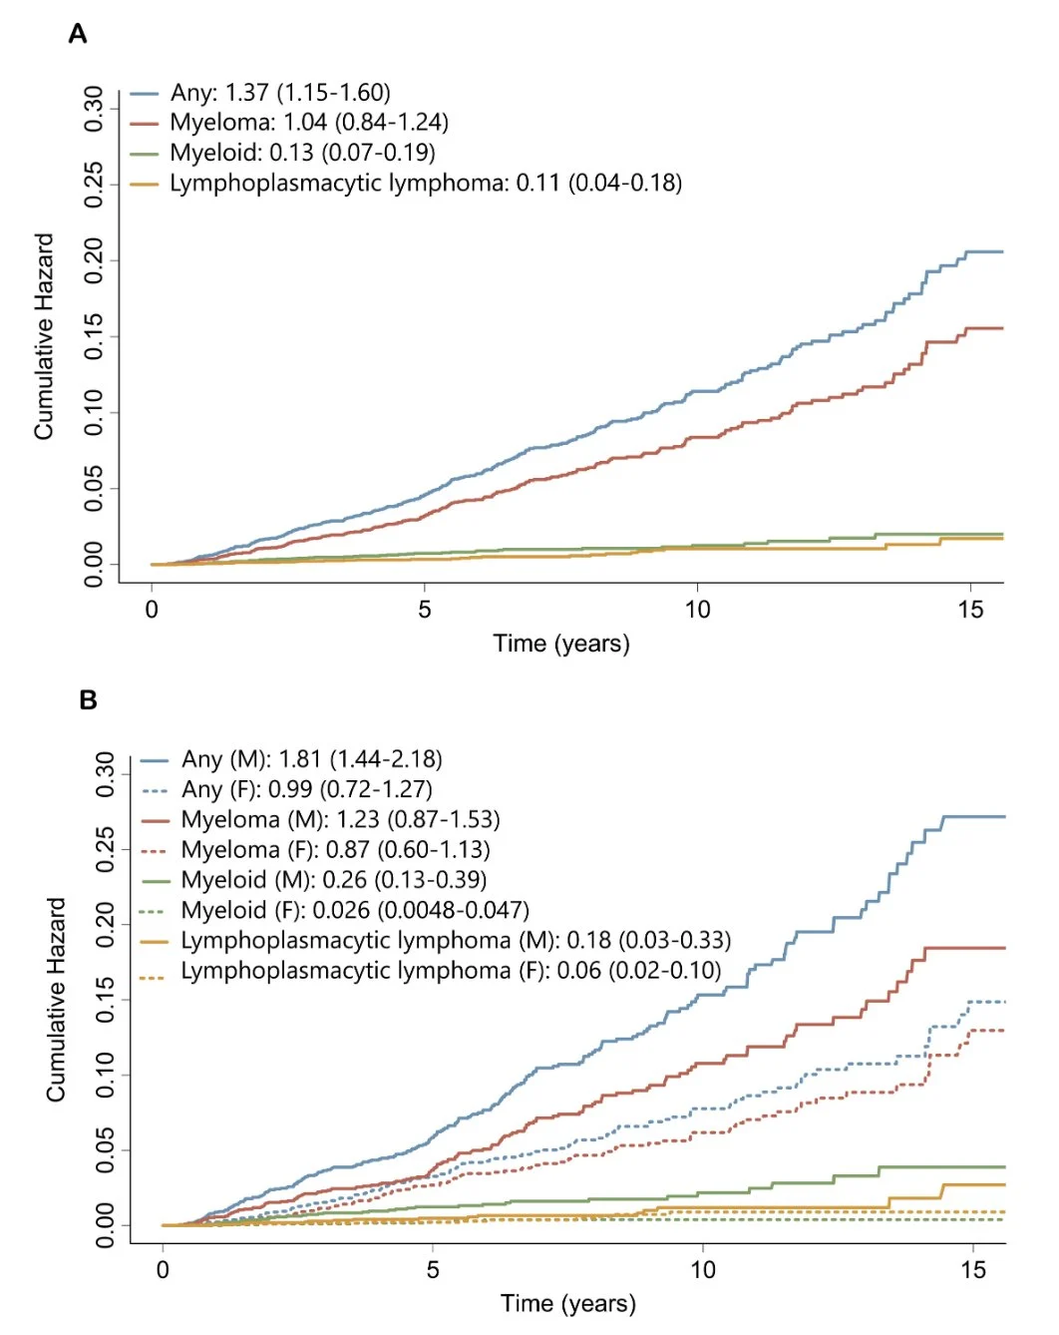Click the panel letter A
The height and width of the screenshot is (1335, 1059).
[78, 35]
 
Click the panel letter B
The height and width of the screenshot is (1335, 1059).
[88, 700]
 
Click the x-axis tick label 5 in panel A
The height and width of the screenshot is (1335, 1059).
[425, 610]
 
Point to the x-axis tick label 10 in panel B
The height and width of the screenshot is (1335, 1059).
[702, 1270]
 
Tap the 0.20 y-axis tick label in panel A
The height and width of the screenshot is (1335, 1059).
[95, 260]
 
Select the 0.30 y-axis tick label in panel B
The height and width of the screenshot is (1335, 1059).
[106, 774]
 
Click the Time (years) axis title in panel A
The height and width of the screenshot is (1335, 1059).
[561, 644]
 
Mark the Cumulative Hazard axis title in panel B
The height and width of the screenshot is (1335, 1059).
[56, 1000]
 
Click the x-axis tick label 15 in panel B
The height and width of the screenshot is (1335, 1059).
[973, 1270]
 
